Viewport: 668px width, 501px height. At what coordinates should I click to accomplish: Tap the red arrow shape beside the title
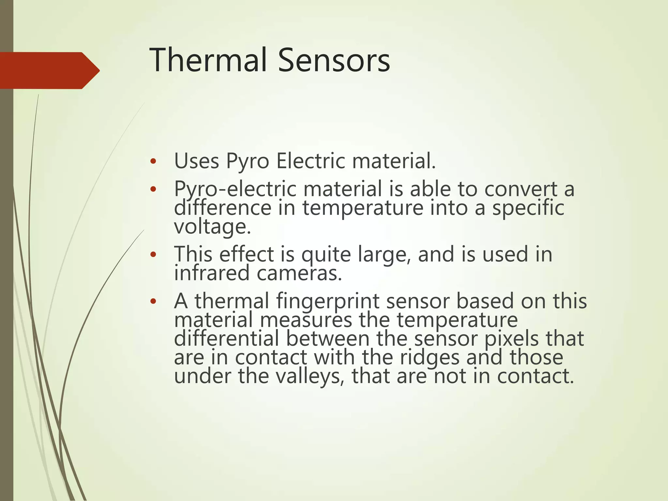click(49, 70)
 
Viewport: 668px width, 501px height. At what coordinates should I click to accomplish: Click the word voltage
click(212, 226)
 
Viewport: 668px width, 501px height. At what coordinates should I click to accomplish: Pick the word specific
click(528, 208)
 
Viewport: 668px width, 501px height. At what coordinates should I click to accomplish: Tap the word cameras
click(299, 273)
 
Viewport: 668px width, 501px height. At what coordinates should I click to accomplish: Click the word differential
click(226, 339)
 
